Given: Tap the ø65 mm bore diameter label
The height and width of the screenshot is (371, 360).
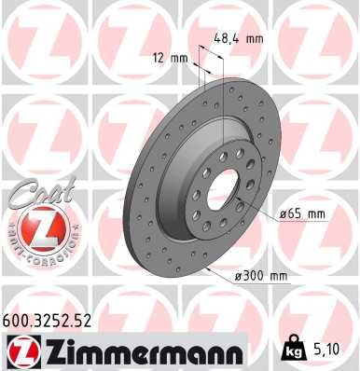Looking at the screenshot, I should click(x=303, y=213).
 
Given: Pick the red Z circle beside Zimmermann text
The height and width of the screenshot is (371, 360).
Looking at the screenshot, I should click(x=21, y=351).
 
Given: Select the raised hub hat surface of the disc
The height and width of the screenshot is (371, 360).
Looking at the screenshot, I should click(x=201, y=200).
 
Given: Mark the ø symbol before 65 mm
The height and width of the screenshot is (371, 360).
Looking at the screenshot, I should click(x=283, y=213).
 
